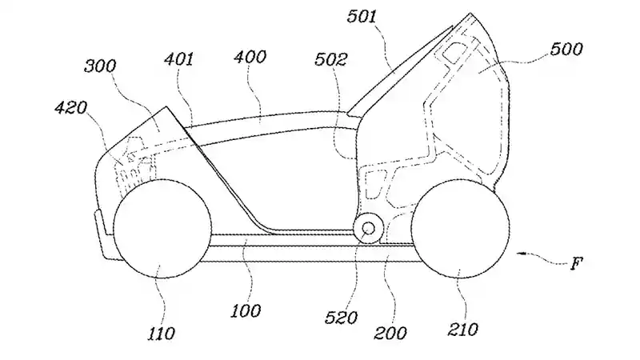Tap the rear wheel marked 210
pyautogui.click(x=465, y=227)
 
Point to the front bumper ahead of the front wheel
pyautogui.click(x=102, y=232)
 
